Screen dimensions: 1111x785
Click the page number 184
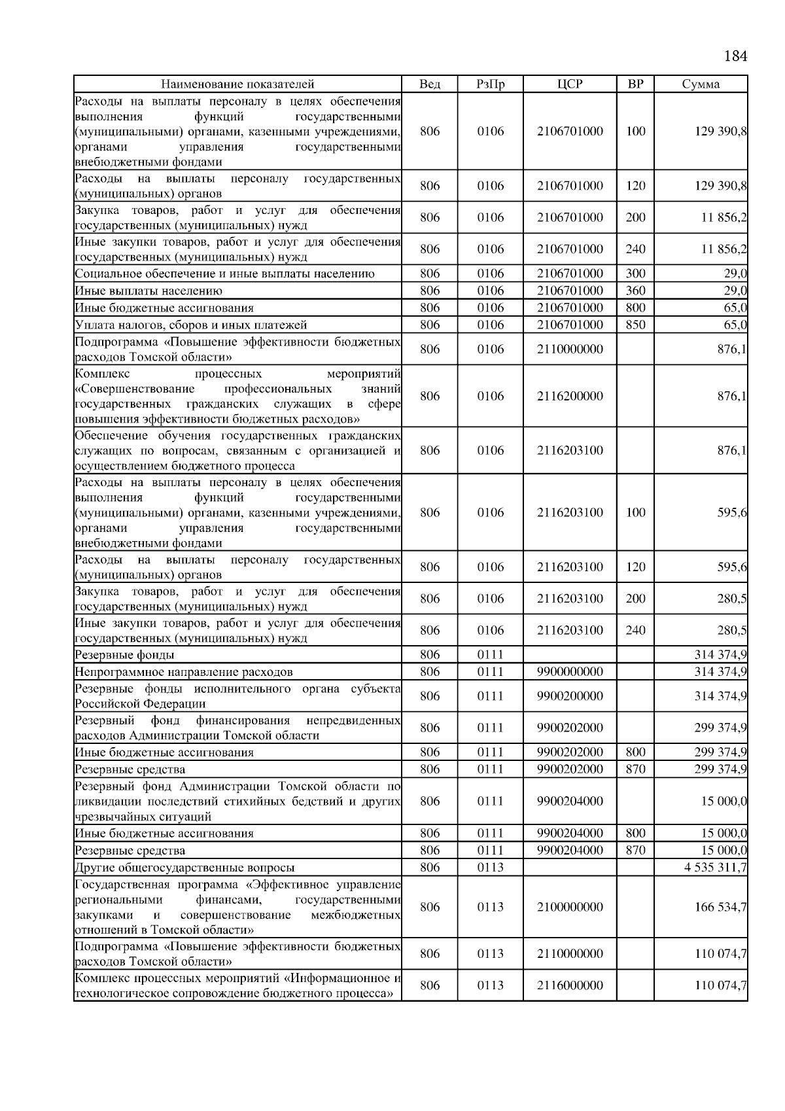pyautogui.click(x=735, y=56)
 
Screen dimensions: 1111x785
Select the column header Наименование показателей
pyautogui.click(x=237, y=84)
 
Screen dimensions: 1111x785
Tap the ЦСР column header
pyautogui.click(x=570, y=84)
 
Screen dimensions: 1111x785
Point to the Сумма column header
pyautogui.click(x=701, y=84)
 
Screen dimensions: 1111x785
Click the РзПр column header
pyautogui.click(x=490, y=84)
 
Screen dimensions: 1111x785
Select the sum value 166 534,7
pyautogui.click(x=720, y=907)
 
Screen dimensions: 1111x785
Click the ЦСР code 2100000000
pyautogui.click(x=570, y=907)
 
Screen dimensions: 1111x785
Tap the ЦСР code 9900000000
pyautogui.click(x=570, y=672)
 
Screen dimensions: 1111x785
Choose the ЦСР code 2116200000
pyautogui.click(x=570, y=396)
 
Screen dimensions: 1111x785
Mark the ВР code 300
pyautogui.click(x=635, y=273)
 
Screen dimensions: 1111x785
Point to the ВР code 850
pyautogui.click(x=635, y=325)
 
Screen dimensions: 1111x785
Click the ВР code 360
pyautogui.click(x=635, y=291)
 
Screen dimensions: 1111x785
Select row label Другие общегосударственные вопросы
pyautogui.click(x=184, y=868)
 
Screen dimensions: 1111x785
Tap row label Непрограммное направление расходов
pyautogui.click(x=184, y=672)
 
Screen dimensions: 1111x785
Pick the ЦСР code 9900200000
pyautogui.click(x=570, y=696)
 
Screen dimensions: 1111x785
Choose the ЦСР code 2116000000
pyautogui.click(x=570, y=985)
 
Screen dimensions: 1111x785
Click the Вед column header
pyautogui.click(x=430, y=84)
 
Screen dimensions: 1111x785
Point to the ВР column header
pyautogui.click(x=635, y=84)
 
